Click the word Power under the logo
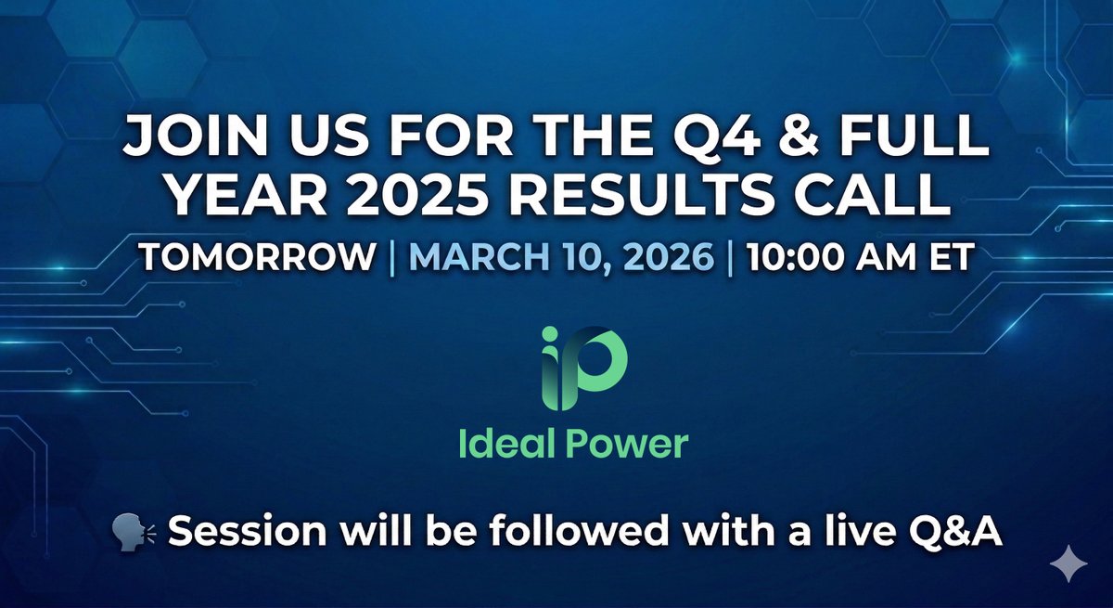coord(628,444)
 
